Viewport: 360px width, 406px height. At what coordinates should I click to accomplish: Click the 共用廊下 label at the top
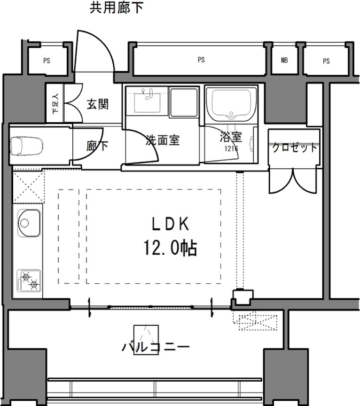tap(116, 8)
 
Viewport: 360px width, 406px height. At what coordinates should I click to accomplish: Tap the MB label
tap(284, 60)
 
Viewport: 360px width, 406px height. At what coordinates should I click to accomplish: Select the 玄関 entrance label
tap(98, 104)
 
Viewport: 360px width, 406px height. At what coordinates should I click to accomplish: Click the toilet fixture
tap(26, 146)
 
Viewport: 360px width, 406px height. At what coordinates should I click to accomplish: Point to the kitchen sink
tap(29, 223)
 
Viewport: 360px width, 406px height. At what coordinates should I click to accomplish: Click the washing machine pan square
tap(184, 102)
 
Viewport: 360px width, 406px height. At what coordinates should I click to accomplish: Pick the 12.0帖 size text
tap(170, 248)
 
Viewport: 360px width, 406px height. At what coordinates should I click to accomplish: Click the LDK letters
tap(170, 224)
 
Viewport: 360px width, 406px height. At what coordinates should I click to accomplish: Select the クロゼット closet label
tap(295, 148)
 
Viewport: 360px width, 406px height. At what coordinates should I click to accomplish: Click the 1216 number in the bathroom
tap(231, 148)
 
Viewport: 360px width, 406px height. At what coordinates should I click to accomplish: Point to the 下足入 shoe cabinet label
tap(55, 103)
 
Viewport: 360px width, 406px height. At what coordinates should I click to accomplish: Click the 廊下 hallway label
tap(97, 146)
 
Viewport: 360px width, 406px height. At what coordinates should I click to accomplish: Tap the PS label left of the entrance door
tap(47, 61)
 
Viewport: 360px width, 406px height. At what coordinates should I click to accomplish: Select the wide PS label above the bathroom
tap(201, 60)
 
